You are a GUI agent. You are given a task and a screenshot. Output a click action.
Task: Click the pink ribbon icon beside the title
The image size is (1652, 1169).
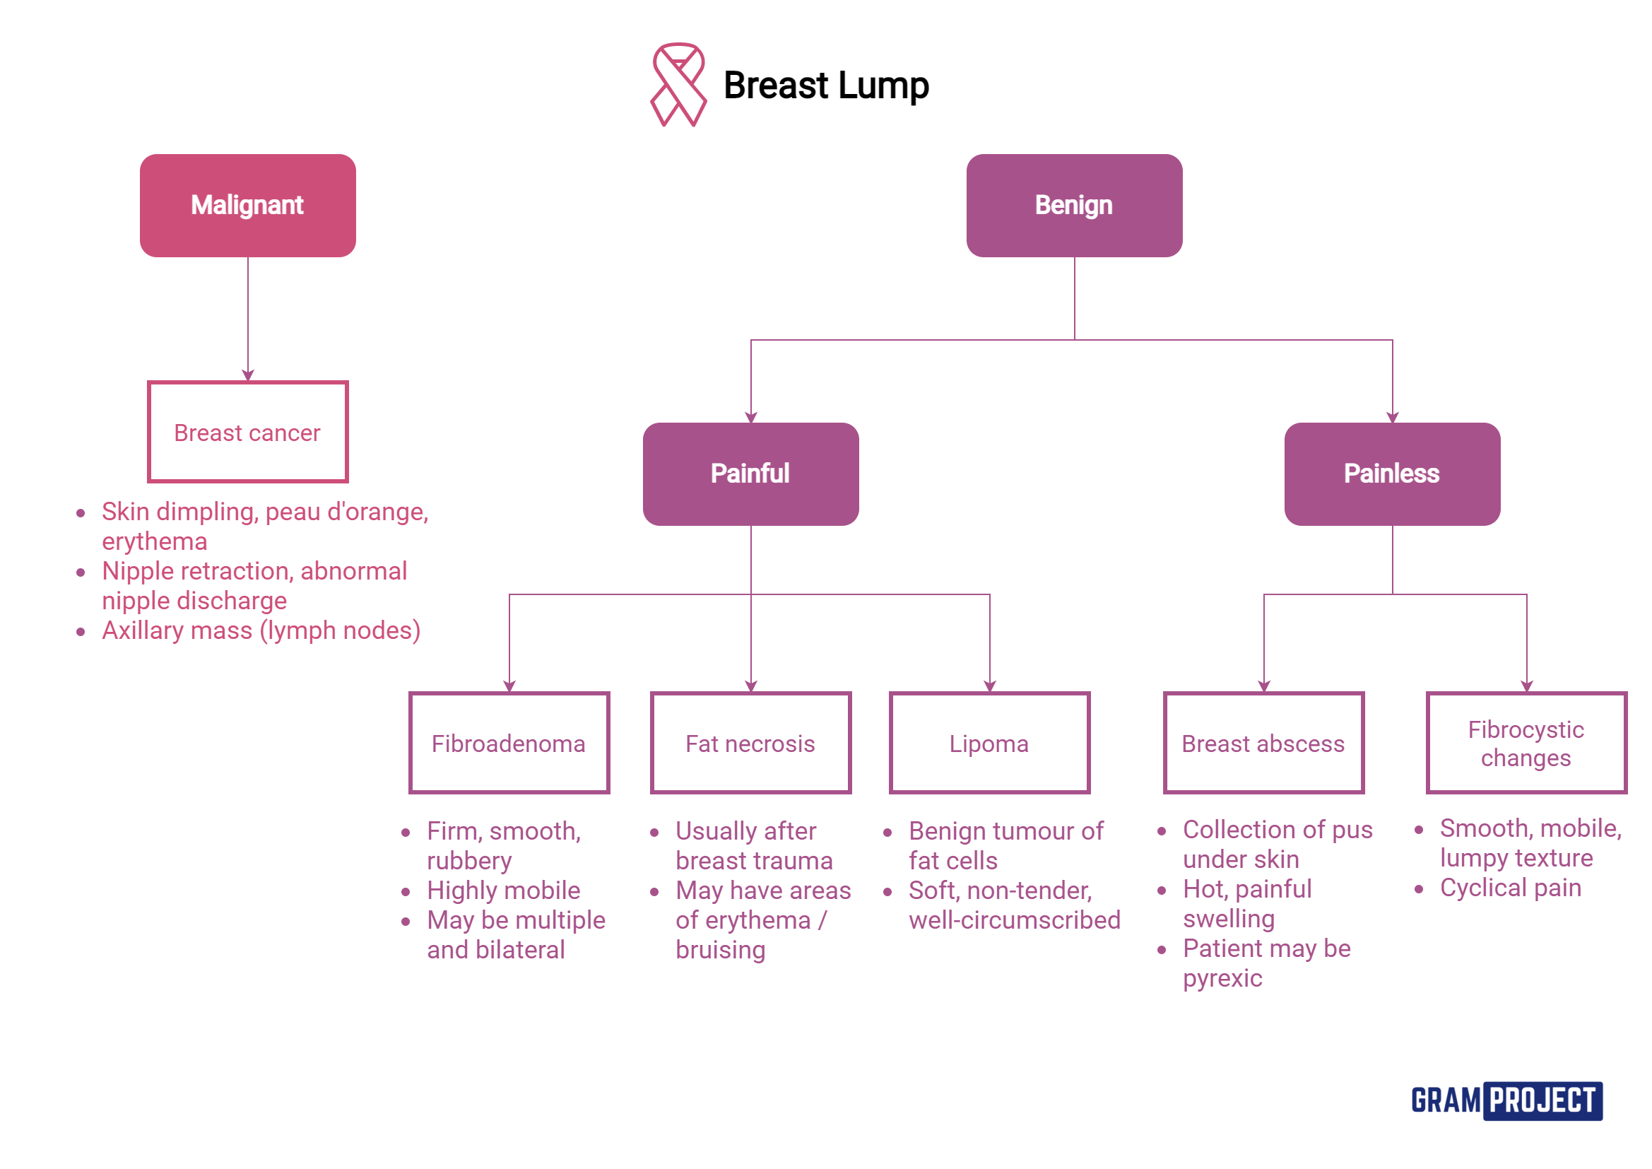678,84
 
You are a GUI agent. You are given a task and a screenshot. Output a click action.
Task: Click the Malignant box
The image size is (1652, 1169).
247,205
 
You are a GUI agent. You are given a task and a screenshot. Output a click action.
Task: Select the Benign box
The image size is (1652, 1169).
1073,205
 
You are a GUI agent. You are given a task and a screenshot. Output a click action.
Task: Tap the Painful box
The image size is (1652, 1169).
750,474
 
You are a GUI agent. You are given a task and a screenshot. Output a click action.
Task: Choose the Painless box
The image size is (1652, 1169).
1391,474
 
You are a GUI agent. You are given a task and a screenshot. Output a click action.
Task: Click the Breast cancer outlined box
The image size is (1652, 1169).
247,432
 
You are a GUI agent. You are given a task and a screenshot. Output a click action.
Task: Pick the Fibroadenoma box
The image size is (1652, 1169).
509,743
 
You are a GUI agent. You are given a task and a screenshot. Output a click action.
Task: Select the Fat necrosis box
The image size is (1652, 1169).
750,743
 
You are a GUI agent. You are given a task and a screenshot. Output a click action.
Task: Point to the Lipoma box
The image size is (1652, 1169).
989,743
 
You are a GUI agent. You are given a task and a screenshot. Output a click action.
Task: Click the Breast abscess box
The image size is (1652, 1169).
1263,743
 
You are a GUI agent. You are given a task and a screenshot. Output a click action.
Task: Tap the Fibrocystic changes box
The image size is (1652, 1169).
1526,743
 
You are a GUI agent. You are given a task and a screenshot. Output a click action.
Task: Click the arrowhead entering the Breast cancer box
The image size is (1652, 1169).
248,375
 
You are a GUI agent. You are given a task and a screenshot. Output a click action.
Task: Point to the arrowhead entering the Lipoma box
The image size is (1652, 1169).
990,686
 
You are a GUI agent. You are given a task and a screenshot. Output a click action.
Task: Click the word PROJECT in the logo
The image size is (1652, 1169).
1542,1100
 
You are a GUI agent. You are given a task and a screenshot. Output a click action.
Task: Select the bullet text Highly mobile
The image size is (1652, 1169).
503,891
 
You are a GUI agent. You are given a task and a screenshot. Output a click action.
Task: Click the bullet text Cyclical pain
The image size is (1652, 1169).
1510,888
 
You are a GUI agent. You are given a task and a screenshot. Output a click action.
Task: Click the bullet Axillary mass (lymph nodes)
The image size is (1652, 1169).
261,630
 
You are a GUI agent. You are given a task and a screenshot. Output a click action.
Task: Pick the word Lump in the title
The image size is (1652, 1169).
883,85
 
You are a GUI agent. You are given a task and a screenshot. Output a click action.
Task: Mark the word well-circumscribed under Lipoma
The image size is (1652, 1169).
1014,920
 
